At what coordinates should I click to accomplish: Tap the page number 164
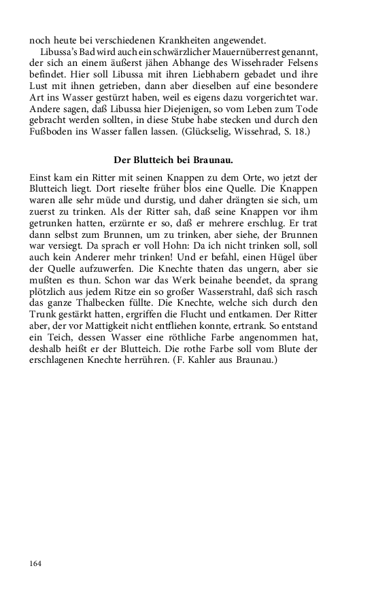(35, 563)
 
